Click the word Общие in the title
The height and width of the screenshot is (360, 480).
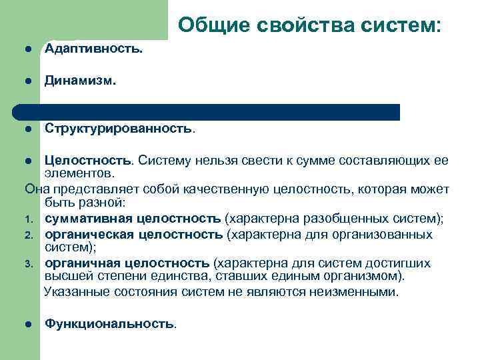point(213,25)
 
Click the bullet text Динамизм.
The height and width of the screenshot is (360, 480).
point(81,81)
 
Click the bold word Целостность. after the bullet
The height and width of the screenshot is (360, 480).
point(89,161)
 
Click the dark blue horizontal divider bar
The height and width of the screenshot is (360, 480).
point(207,112)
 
